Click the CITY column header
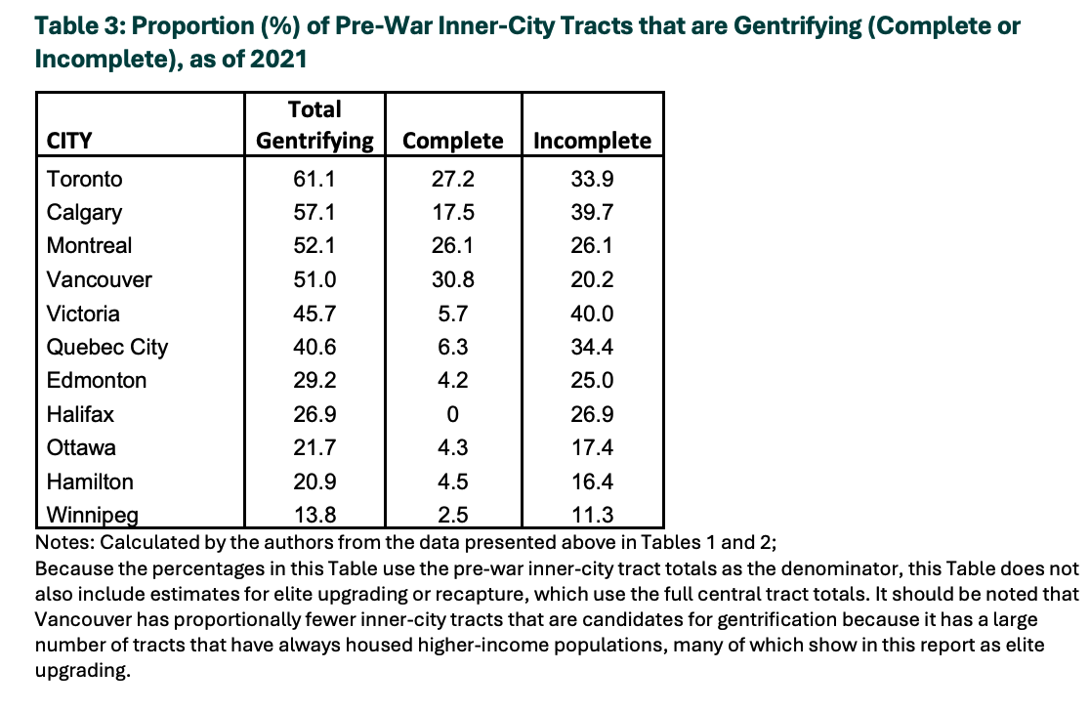click(68, 141)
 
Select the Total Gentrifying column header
click(314, 124)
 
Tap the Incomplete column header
click(592, 141)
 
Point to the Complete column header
click(452, 141)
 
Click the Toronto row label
click(84, 179)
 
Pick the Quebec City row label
click(107, 347)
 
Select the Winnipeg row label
click(93, 516)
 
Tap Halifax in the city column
click(80, 414)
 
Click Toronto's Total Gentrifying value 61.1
click(314, 179)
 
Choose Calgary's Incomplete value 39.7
click(592, 212)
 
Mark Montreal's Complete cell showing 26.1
click(452, 245)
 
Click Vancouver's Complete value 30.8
click(452, 279)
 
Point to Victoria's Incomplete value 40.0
click(592, 314)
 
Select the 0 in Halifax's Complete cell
click(452, 414)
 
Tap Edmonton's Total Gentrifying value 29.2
click(314, 380)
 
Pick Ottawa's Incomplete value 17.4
click(592, 447)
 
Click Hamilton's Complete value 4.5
click(452, 482)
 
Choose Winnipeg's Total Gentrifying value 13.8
click(314, 515)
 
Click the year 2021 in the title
click(278, 59)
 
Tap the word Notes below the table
click(64, 542)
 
